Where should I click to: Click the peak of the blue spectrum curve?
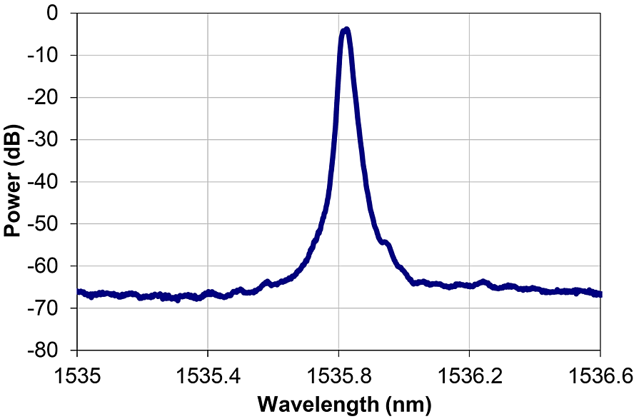346,30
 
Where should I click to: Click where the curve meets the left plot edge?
77,291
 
